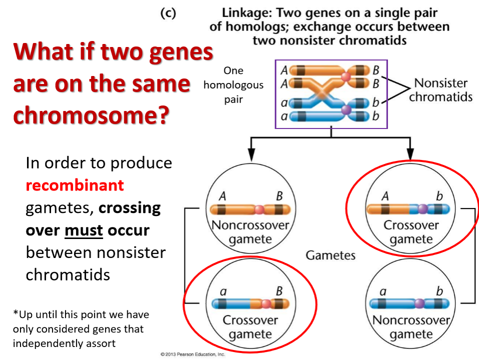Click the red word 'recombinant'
pyautogui.click(x=74, y=185)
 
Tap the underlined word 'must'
pyautogui.click(x=83, y=230)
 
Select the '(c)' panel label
pyautogui.click(x=168, y=13)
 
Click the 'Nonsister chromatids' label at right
pyautogui.click(x=440, y=89)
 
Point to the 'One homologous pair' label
pyautogui.click(x=233, y=85)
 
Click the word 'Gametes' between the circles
pyautogui.click(x=330, y=255)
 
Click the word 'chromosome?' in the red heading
pyautogui.click(x=91, y=115)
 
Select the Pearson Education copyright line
pyautogui.click(x=192, y=354)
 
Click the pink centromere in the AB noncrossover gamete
pyautogui.click(x=259, y=209)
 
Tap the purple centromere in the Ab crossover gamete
pyautogui.click(x=423, y=209)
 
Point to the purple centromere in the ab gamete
pyautogui.click(x=420, y=303)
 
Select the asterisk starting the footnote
pyautogui.click(x=15, y=314)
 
